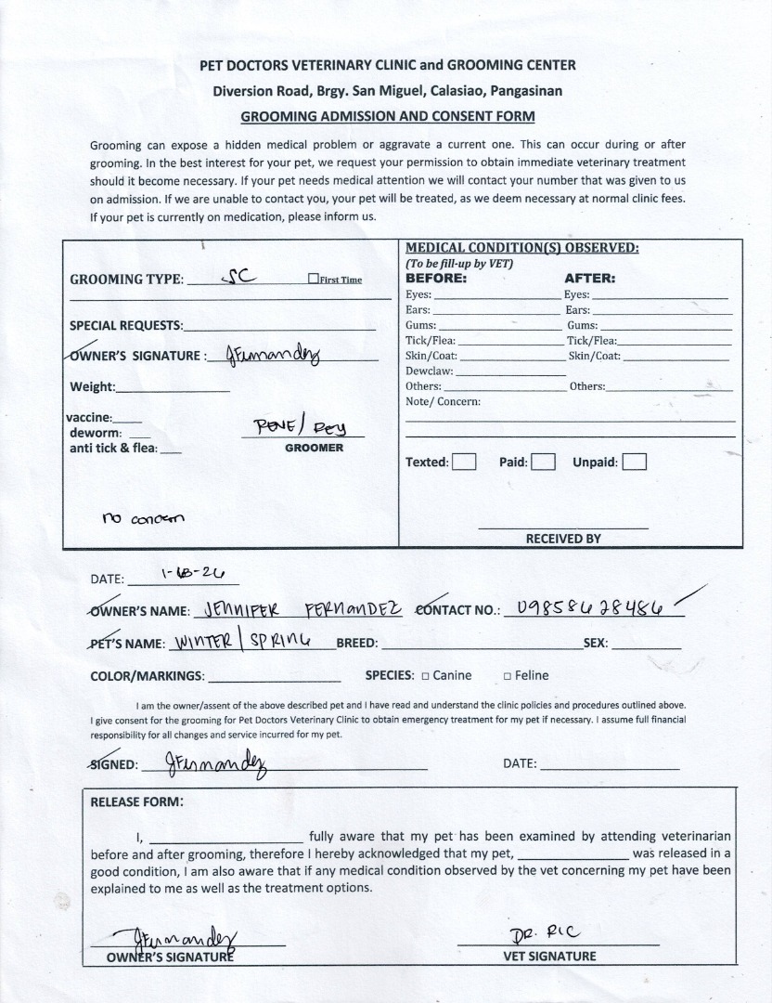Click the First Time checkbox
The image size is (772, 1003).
[313, 280]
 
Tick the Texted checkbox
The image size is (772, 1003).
[465, 462]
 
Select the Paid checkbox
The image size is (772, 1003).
[544, 462]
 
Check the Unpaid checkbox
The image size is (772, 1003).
[635, 462]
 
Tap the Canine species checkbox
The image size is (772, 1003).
[425, 676]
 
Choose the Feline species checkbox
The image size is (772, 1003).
[507, 676]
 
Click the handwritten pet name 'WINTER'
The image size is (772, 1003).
[206, 642]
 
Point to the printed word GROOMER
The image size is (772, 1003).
[314, 448]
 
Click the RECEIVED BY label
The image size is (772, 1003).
[563, 538]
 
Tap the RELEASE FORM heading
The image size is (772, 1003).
[136, 801]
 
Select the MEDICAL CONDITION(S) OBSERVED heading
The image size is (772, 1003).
[521, 248]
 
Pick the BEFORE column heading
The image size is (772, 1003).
[436, 278]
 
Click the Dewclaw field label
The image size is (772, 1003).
[429, 371]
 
